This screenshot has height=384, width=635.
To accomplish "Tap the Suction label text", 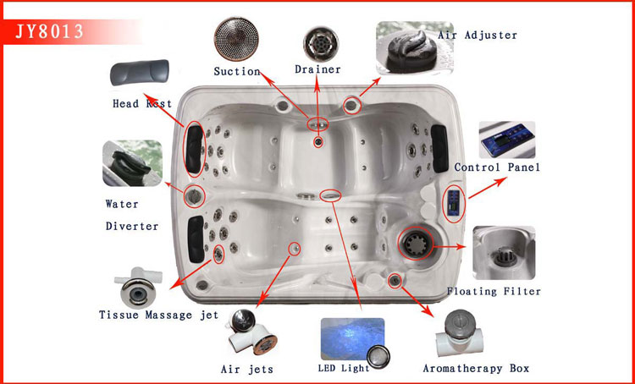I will point(236,71).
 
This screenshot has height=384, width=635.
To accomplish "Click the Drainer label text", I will point(317,69).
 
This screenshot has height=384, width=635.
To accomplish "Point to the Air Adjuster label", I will point(477,36).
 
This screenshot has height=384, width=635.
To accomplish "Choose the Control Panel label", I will point(497,167).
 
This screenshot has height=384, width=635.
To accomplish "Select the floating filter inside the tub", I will point(417,244).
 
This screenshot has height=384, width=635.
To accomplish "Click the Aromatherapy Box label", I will point(476,368).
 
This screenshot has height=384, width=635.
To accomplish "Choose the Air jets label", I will point(247,369).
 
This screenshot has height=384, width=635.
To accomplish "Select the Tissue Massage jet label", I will point(158,315).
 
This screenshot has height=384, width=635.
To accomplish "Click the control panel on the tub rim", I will point(454,203).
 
